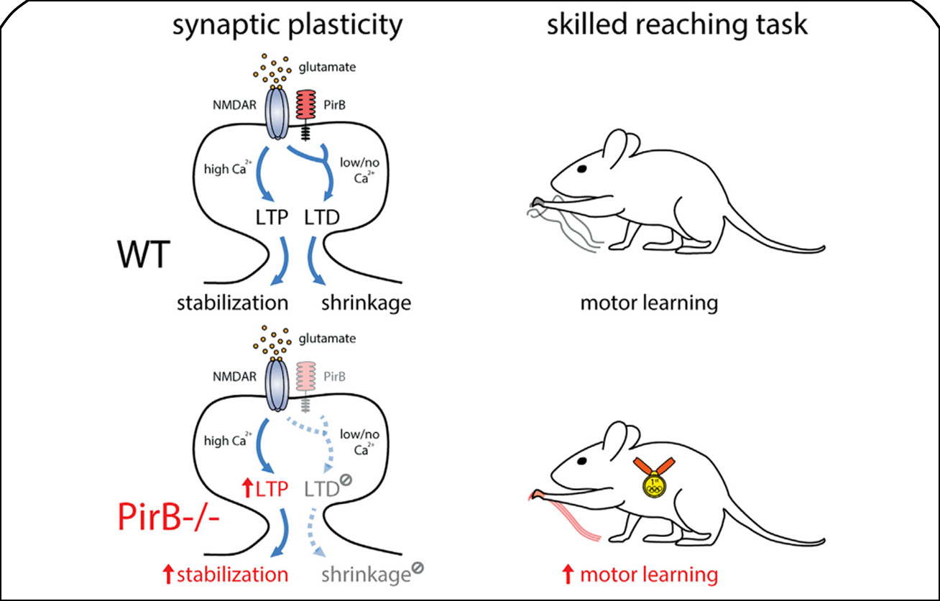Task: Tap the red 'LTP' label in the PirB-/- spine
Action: pos(272,489)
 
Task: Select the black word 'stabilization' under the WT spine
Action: pos(233,302)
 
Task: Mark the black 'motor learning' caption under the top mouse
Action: pos(649,303)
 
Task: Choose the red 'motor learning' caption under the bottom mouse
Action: pos(649,574)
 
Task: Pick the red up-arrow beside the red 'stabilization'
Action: pos(170,574)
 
